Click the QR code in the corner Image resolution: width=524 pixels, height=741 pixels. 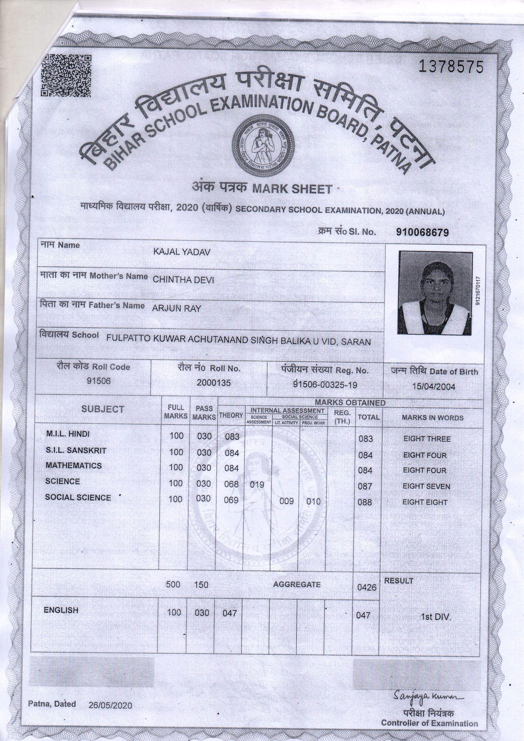click(x=66, y=76)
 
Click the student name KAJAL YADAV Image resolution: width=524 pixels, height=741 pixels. click(x=182, y=252)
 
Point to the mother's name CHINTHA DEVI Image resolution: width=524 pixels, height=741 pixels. click(x=183, y=280)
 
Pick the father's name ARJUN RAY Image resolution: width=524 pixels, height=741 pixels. click(x=176, y=308)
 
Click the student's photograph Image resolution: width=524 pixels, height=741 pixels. click(x=435, y=293)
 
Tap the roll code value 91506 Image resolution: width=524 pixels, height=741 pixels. click(x=99, y=381)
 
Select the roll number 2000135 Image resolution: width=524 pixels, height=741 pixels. click(x=214, y=383)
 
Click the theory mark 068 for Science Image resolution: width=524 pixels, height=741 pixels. click(x=231, y=484)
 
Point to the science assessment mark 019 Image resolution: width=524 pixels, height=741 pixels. click(x=257, y=484)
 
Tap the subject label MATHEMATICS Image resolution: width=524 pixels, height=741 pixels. click(x=73, y=466)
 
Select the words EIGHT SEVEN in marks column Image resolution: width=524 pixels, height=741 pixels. click(x=426, y=486)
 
